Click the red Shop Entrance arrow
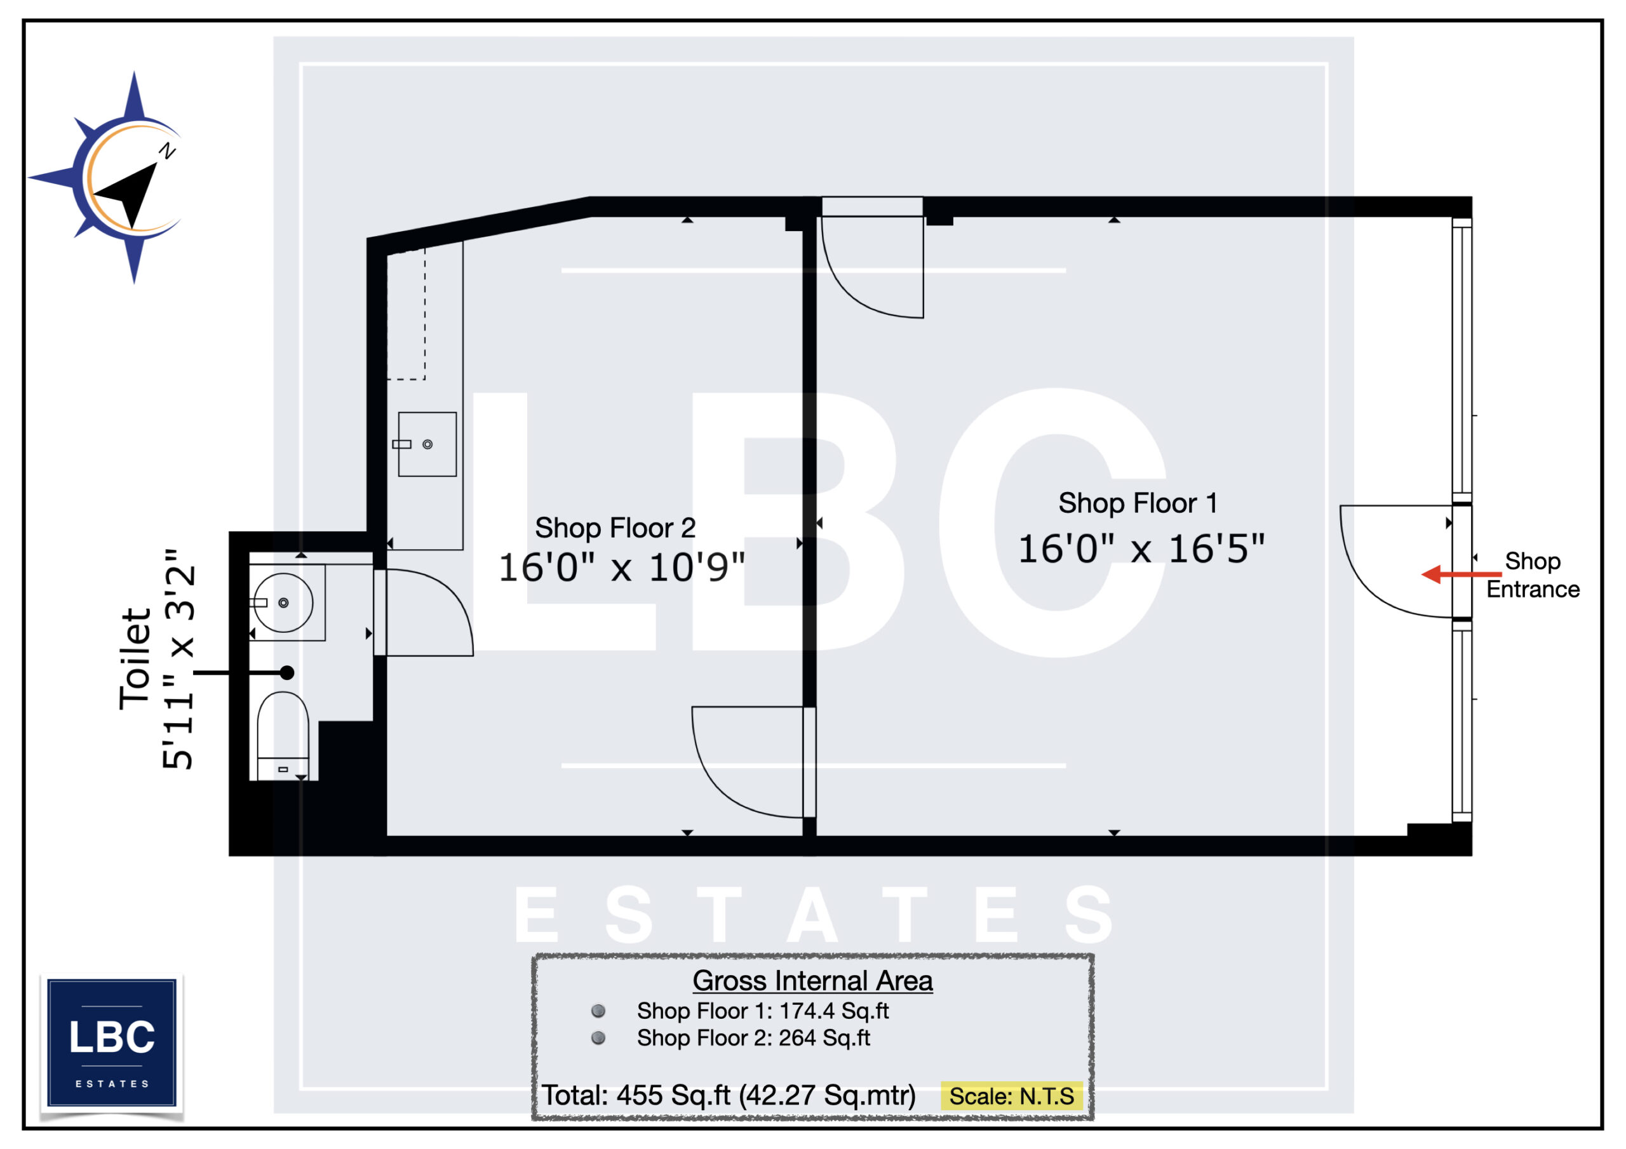pos(1461,574)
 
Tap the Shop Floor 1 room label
pos(1138,503)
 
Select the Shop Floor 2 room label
pos(615,528)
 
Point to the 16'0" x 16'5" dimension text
pos(1141,549)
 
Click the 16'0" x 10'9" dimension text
pos(621,568)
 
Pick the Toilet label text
pos(135,658)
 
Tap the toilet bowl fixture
pos(283,736)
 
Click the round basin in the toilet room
pos(283,602)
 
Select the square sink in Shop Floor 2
pos(427,444)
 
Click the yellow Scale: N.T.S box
pos(1011,1096)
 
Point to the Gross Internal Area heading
pos(812,981)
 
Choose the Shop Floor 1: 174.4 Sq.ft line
pos(762,1011)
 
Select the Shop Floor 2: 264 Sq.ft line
pos(753,1038)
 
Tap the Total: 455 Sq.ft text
pos(728,1095)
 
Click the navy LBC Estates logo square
pos(112,1042)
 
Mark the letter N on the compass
pos(167,150)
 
